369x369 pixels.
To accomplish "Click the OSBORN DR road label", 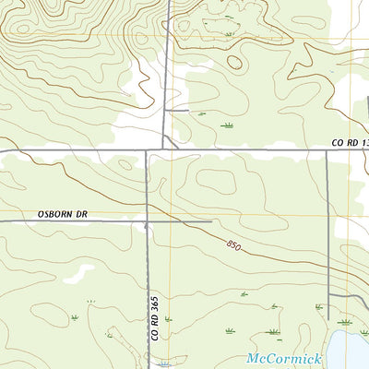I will pyautogui.click(x=61, y=214).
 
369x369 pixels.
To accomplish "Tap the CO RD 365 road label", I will pyautogui.click(x=154, y=317).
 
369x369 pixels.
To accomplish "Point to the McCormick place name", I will pyautogui.click(x=285, y=358).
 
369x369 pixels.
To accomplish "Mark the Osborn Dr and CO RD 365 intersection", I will pyautogui.click(x=148, y=221).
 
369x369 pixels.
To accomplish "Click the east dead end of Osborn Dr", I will pyautogui.click(x=212, y=221).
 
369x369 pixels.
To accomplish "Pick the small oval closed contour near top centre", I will pyautogui.click(x=235, y=62).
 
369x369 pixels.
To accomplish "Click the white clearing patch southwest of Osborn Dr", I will pyautogui.click(x=81, y=273).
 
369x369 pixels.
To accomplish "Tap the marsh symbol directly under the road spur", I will pyautogui.click(x=226, y=125).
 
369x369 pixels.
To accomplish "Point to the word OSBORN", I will pyautogui.click(x=54, y=214).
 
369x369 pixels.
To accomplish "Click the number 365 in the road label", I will pyautogui.click(x=154, y=304).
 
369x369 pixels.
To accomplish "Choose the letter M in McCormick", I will pyautogui.click(x=254, y=358).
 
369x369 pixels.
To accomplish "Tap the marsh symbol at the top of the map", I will pyautogui.click(x=228, y=34).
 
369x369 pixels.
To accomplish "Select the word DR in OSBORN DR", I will pyautogui.click(x=79, y=214).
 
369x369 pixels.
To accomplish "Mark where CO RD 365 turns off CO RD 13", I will pyautogui.click(x=148, y=149).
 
